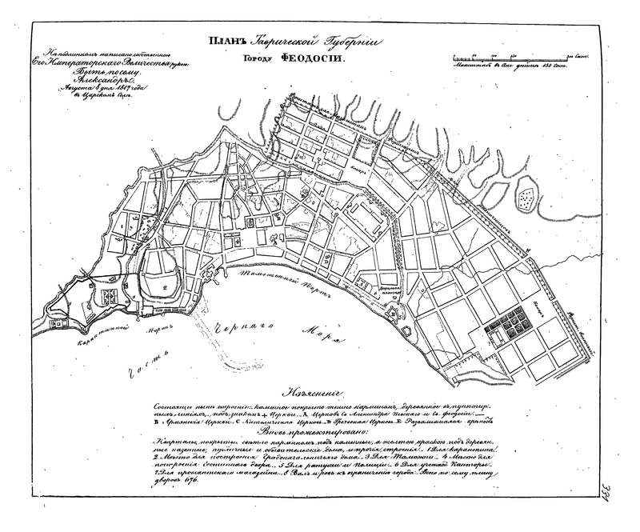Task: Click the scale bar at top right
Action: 511,58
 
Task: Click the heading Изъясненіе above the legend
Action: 318,394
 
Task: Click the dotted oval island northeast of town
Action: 527,194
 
